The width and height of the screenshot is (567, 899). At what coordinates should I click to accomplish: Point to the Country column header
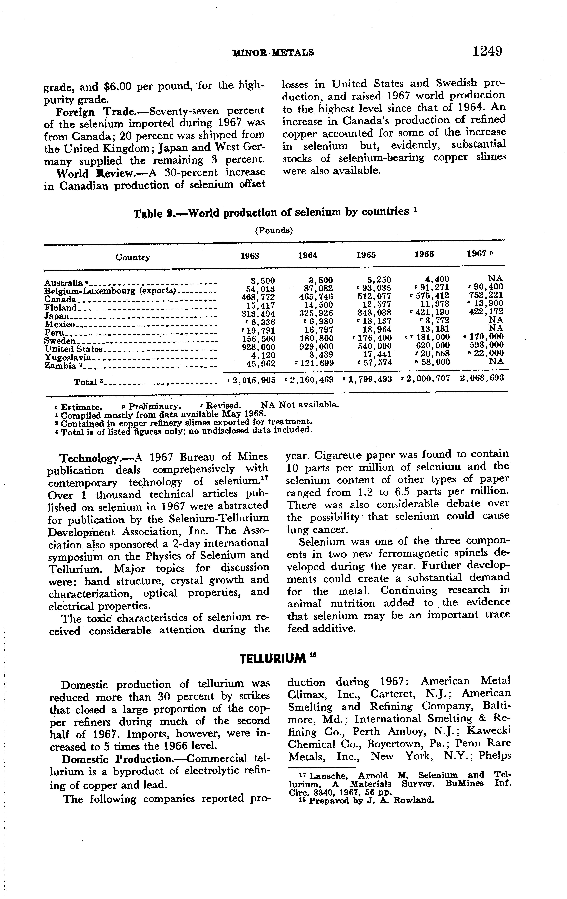[x=133, y=257]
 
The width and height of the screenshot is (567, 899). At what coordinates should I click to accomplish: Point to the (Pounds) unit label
[x=274, y=230]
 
